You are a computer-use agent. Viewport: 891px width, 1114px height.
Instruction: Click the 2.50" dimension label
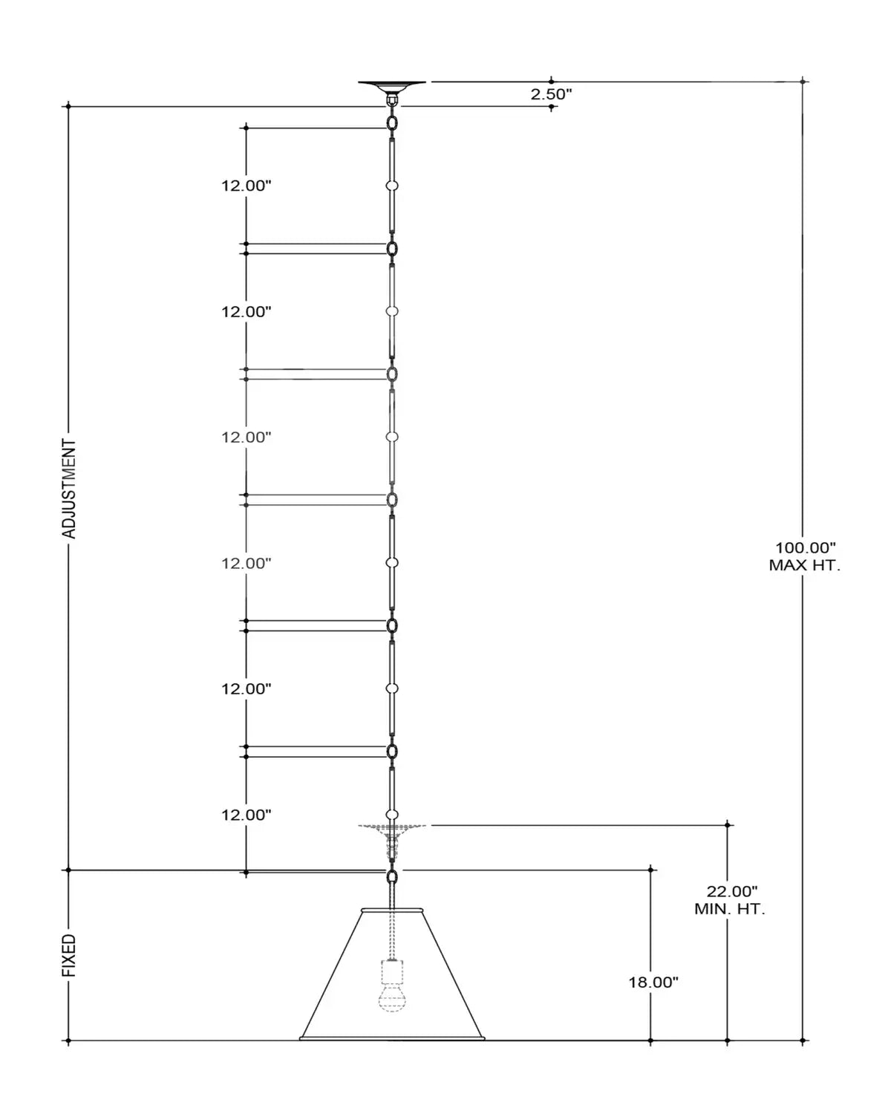point(551,94)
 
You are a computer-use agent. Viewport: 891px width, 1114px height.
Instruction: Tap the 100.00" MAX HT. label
point(804,556)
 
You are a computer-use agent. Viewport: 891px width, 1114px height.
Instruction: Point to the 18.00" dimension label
point(653,982)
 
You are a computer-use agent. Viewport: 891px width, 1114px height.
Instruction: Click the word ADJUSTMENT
point(69,489)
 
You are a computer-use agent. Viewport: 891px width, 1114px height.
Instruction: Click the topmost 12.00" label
point(247,186)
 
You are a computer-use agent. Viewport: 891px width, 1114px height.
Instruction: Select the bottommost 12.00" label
point(247,815)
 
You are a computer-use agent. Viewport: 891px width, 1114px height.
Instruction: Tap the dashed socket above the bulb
point(392,971)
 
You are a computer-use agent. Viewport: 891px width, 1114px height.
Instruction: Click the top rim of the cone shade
point(392,910)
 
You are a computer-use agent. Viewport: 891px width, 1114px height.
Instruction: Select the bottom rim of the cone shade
point(392,1038)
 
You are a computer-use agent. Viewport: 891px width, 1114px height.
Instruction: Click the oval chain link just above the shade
point(392,877)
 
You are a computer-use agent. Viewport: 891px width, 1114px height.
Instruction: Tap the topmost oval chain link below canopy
point(392,123)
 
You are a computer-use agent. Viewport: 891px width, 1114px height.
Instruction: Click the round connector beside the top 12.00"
point(392,186)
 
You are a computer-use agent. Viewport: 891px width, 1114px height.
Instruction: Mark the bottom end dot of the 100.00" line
point(803,1040)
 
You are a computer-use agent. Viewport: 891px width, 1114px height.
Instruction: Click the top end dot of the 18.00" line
point(650,870)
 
